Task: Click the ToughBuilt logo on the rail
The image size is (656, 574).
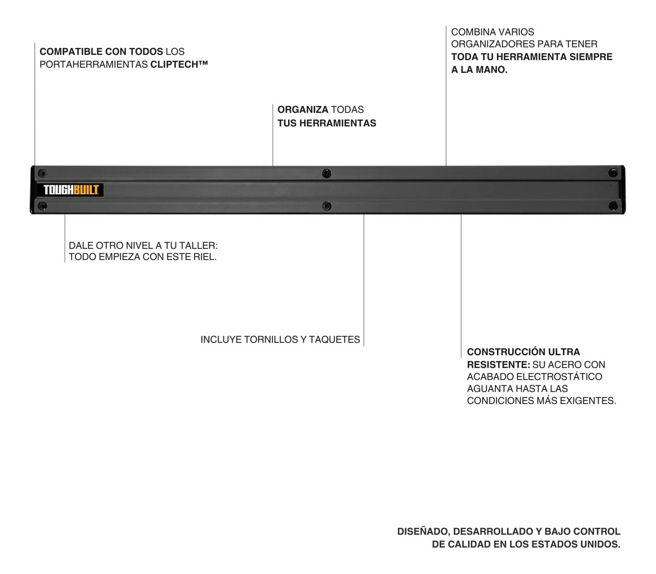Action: click(70, 190)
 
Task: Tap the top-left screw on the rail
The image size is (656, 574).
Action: click(42, 173)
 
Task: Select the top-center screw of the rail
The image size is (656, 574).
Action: click(326, 173)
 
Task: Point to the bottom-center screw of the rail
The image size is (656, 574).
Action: click(326, 206)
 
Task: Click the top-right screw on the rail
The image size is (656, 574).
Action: click(613, 173)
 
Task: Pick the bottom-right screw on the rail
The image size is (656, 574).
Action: click(613, 206)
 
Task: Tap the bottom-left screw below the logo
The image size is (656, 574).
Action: click(42, 206)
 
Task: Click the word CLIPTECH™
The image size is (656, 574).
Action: click(179, 65)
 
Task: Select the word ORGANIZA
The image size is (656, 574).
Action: click(303, 110)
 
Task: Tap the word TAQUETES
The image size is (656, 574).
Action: click(335, 339)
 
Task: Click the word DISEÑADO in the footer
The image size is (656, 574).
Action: click(424, 532)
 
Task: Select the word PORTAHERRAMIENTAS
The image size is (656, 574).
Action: click(93, 65)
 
